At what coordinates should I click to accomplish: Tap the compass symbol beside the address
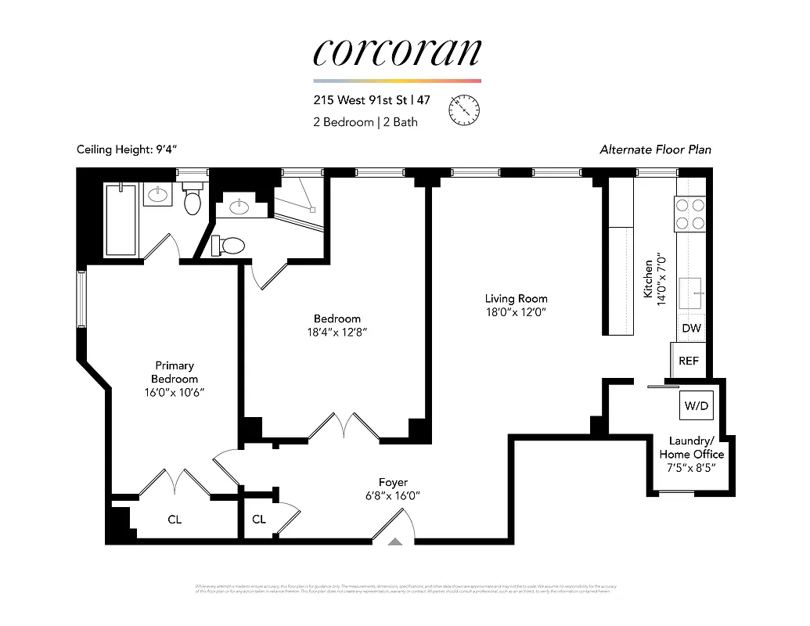point(464,109)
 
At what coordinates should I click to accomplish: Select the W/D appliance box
point(696,406)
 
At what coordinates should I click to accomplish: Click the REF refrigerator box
point(688,361)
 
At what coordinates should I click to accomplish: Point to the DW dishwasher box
point(691,329)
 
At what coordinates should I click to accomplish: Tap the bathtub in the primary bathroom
point(121,220)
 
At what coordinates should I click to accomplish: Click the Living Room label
point(516,298)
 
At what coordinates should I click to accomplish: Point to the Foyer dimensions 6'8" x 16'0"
point(393,495)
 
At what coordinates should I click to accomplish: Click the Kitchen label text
point(648,279)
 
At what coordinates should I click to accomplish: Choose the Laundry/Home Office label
point(691,448)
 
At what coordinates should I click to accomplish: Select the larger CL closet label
point(175,519)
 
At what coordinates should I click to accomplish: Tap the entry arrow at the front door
point(394,541)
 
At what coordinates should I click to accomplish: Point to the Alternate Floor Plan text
point(655,149)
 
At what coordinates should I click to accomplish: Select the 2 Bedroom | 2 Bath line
point(365,122)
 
